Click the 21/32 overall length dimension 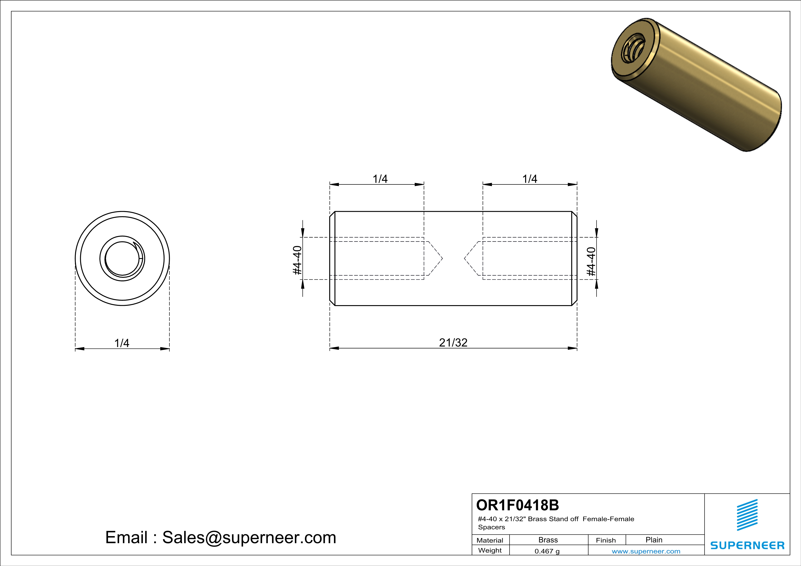point(453,343)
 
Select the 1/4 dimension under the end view point(122,343)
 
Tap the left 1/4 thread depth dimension point(380,179)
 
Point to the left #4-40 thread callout point(297,260)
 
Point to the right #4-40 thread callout point(591,261)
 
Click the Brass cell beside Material point(548,540)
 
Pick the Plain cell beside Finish point(654,540)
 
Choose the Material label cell point(490,540)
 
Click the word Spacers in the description point(491,527)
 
